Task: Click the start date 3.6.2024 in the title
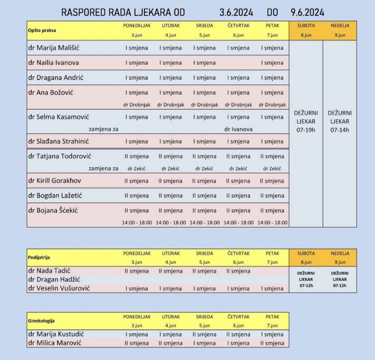pos(236,12)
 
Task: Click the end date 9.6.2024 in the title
pos(307,12)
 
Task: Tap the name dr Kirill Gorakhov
pos(55,181)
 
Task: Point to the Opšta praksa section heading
pos(40,30)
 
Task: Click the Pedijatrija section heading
pos(39,258)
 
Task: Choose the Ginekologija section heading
pos(41,321)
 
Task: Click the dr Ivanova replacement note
pos(238,129)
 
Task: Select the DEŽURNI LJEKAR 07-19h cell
pos(306,121)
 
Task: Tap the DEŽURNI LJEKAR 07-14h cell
pos(340,121)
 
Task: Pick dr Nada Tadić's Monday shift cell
pos(137,271)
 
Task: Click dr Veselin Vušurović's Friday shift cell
pos(272,289)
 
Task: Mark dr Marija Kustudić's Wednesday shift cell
pos(204,335)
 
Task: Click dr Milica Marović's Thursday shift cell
pos(238,343)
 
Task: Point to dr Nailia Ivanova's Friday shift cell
pos(272,63)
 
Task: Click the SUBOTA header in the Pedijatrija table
pos(306,253)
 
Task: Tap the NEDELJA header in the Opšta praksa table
pos(340,26)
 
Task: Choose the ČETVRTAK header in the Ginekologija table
pos(238,317)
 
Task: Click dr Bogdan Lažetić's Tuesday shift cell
pos(170,196)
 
